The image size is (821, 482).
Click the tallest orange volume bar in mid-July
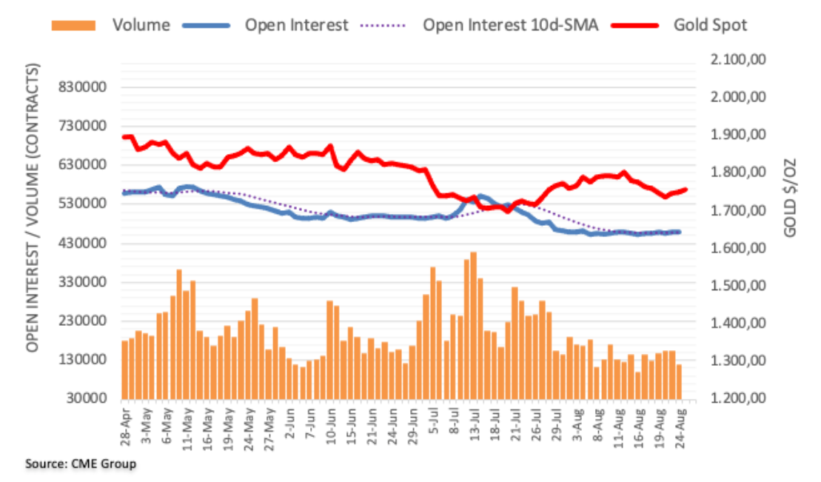473,325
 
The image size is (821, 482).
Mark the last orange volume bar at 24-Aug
679,381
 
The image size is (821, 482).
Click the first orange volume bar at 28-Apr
125,369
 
